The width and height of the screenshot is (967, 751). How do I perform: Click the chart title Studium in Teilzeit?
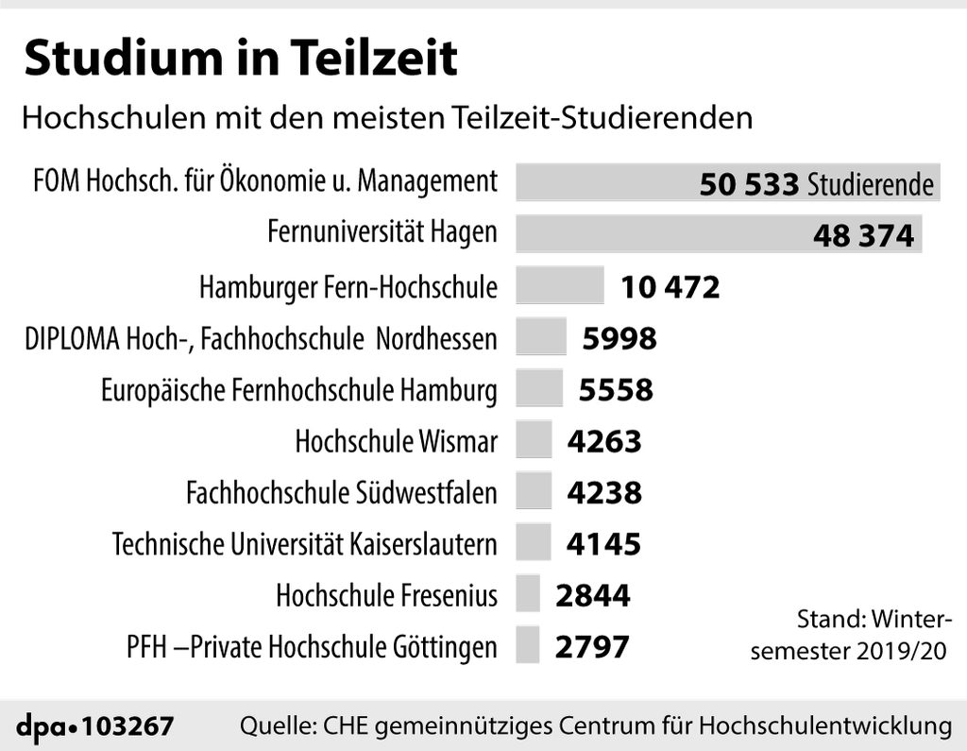(x=241, y=59)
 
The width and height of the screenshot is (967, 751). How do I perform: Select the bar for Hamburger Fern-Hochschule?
(x=559, y=285)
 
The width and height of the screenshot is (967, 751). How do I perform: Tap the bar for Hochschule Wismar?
(x=534, y=440)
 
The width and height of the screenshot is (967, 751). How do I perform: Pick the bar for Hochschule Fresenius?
(x=528, y=595)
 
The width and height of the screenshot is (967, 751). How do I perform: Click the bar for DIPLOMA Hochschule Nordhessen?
(x=541, y=337)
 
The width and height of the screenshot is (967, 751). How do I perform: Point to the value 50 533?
(x=749, y=184)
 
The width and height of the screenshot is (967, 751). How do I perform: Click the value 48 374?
(x=863, y=235)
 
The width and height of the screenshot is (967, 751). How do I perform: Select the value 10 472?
(x=670, y=286)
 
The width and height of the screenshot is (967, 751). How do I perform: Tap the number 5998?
(x=619, y=338)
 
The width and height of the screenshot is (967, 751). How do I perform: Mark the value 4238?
(x=603, y=492)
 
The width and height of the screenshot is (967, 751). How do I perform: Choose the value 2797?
(x=592, y=647)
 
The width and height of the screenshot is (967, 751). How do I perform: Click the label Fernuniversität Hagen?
(x=382, y=231)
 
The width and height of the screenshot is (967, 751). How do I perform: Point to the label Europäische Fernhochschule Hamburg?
(x=298, y=389)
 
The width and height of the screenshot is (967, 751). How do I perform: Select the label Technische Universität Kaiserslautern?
(x=304, y=544)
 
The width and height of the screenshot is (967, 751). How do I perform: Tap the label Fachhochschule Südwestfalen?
(x=341, y=492)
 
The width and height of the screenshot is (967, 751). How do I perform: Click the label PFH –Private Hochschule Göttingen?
(x=311, y=647)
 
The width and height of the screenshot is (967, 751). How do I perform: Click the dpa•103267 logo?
(x=95, y=726)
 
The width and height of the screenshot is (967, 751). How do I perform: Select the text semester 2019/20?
(x=850, y=650)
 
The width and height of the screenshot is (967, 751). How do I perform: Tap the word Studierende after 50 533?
(x=870, y=185)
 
